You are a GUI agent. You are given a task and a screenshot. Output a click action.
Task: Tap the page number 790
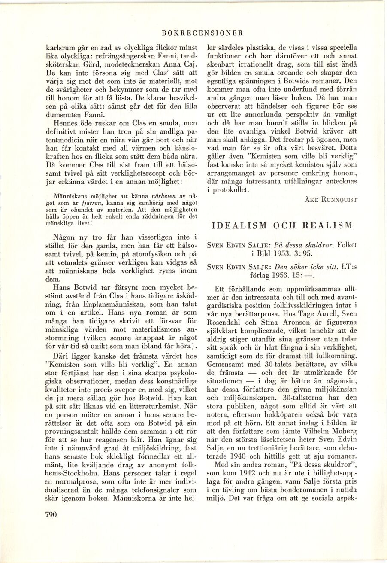[x=51, y=516]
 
